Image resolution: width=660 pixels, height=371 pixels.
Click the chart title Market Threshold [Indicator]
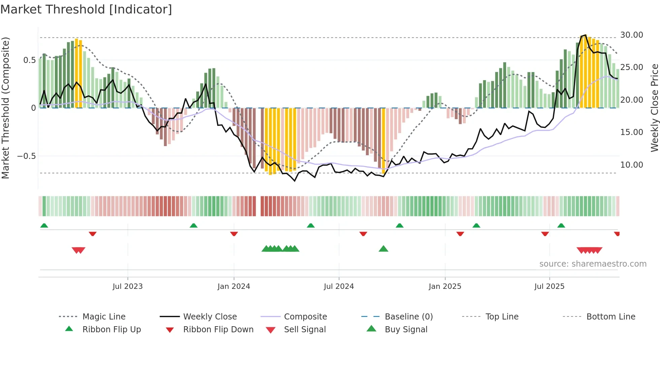tap(86, 9)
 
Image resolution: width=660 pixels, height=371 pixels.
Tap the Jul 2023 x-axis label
tap(128, 286)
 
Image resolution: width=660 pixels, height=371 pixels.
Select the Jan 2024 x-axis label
tap(234, 286)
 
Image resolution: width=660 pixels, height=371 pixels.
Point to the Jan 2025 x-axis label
tap(445, 286)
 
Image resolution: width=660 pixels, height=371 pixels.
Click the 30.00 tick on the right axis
tap(632, 35)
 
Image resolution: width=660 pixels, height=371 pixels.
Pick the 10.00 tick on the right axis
tap(632, 165)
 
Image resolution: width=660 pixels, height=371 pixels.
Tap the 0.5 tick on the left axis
tap(29, 60)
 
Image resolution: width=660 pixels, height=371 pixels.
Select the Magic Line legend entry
tap(104, 317)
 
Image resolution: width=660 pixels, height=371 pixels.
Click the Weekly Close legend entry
tap(210, 317)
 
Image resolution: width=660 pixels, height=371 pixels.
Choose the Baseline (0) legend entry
tap(408, 317)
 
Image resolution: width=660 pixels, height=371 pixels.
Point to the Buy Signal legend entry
tap(406, 330)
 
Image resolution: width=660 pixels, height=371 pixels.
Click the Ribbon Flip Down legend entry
tap(218, 330)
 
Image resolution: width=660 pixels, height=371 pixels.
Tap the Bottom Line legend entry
tap(610, 317)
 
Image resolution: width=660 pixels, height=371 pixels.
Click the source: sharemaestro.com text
tap(593, 264)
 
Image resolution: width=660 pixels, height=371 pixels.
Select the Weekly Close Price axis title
tap(654, 108)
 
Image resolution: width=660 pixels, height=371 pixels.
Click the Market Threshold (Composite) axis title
tap(5, 108)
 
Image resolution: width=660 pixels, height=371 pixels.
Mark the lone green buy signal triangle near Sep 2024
tap(383, 249)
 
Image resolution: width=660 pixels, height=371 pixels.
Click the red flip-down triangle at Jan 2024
tap(234, 234)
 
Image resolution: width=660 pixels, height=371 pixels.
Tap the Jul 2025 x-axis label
tap(549, 286)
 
